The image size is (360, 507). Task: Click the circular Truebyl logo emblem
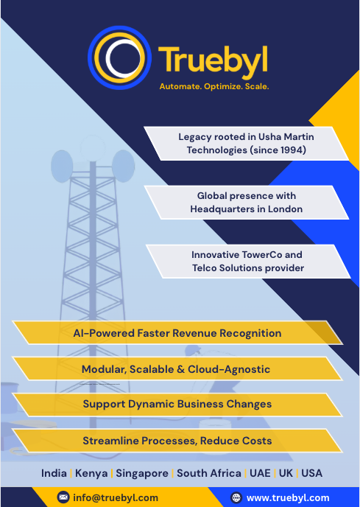(119, 57)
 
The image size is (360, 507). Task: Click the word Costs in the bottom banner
(258, 441)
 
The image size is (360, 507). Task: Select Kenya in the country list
(91, 473)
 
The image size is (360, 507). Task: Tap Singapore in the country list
(142, 474)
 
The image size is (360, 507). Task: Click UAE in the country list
(260, 473)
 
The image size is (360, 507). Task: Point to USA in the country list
(311, 473)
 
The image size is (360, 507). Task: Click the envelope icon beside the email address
(63, 497)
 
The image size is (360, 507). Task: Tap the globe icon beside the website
(236, 497)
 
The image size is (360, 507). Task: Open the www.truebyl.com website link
(288, 498)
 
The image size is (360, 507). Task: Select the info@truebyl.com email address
(116, 497)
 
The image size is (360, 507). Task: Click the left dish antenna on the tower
(62, 167)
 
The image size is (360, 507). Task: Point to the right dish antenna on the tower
(123, 166)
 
